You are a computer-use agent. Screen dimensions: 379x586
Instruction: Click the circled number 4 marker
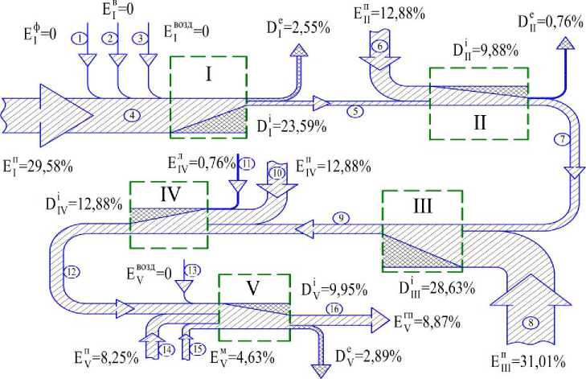(x=130, y=115)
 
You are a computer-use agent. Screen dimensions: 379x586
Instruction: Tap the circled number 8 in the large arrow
(x=531, y=323)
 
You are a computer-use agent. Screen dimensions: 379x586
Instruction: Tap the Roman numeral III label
(x=423, y=208)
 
